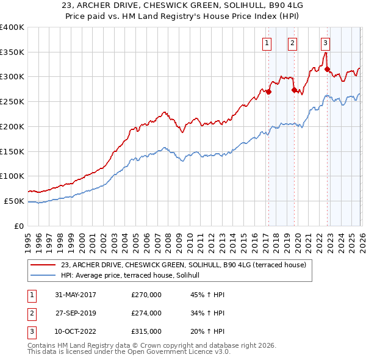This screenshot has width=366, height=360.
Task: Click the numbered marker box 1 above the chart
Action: pyautogui.click(x=267, y=43)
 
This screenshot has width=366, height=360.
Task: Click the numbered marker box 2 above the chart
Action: pyautogui.click(x=293, y=43)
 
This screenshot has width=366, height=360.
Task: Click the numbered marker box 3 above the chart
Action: pyautogui.click(x=326, y=43)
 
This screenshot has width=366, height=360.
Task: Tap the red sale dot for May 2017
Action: pyautogui.click(x=268, y=92)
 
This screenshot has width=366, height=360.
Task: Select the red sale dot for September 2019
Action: pyautogui.click(x=294, y=90)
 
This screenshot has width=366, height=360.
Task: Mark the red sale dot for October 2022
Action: pyautogui.click(x=327, y=69)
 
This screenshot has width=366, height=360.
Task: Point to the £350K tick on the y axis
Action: pyautogui.click(x=12, y=52)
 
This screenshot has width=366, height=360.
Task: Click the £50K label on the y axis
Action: pyautogui.click(x=15, y=201)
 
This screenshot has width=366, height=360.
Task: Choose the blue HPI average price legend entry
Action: pyautogui.click(x=134, y=275)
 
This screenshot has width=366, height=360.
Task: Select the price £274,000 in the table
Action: pyautogui.click(x=146, y=313)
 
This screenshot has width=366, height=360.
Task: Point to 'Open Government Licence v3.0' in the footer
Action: pyautogui.click(x=182, y=352)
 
